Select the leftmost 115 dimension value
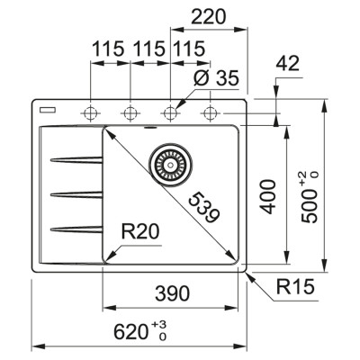tap(108, 51)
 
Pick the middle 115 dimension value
tap(148, 51)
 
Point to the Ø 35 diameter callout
tap(214, 80)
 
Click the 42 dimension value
tap(286, 63)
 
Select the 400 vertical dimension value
tap(264, 196)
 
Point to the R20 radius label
tap(139, 232)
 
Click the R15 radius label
tap(293, 290)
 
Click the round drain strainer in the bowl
tap(166, 163)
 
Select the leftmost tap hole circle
tap(91, 112)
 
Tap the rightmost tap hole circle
tap(211, 112)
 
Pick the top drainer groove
tap(76, 160)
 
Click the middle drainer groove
tap(76, 193)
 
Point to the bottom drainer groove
tap(76, 225)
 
